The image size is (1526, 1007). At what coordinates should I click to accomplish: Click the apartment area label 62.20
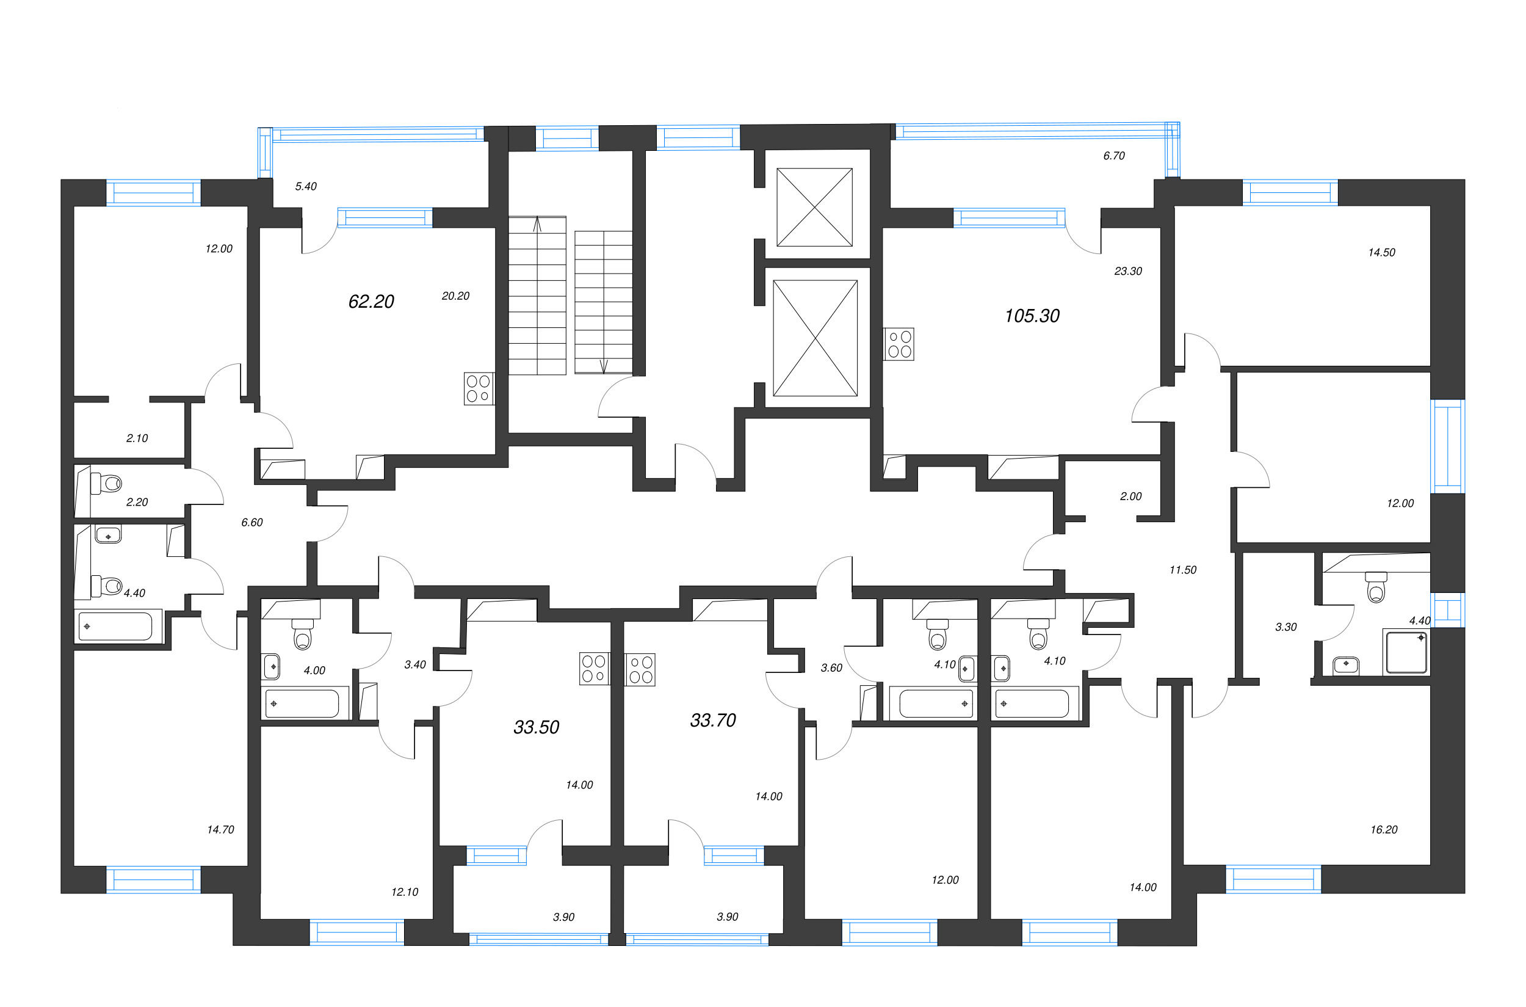click(x=371, y=301)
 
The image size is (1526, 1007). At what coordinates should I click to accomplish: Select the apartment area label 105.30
click(x=1032, y=315)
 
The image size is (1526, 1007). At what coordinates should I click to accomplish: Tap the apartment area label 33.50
click(x=536, y=727)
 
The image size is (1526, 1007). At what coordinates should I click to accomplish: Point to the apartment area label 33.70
click(x=712, y=720)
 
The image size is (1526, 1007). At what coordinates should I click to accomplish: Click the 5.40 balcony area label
click(x=306, y=186)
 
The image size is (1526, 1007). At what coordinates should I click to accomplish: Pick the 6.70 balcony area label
click(x=1114, y=156)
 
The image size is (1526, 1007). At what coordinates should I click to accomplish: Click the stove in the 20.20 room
click(x=479, y=388)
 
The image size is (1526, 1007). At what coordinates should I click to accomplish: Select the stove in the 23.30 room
click(x=899, y=344)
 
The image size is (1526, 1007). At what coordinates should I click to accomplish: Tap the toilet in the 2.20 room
click(x=108, y=483)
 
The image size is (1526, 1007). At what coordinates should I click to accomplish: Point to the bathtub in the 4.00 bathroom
click(x=302, y=704)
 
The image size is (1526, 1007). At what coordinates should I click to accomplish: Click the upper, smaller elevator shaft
click(x=814, y=207)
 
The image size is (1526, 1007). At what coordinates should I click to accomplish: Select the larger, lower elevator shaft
click(x=815, y=338)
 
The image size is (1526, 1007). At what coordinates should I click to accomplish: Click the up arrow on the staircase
click(x=537, y=224)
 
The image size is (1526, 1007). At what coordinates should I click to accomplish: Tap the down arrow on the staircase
click(x=603, y=366)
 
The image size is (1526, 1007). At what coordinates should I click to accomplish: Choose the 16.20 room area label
click(x=1384, y=829)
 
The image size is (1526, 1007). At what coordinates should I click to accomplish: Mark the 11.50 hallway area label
click(x=1182, y=570)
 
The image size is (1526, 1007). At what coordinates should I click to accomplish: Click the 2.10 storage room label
click(x=137, y=438)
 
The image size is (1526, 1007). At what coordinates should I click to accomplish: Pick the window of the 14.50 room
click(x=1290, y=192)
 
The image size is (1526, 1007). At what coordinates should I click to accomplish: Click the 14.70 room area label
click(x=220, y=829)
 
